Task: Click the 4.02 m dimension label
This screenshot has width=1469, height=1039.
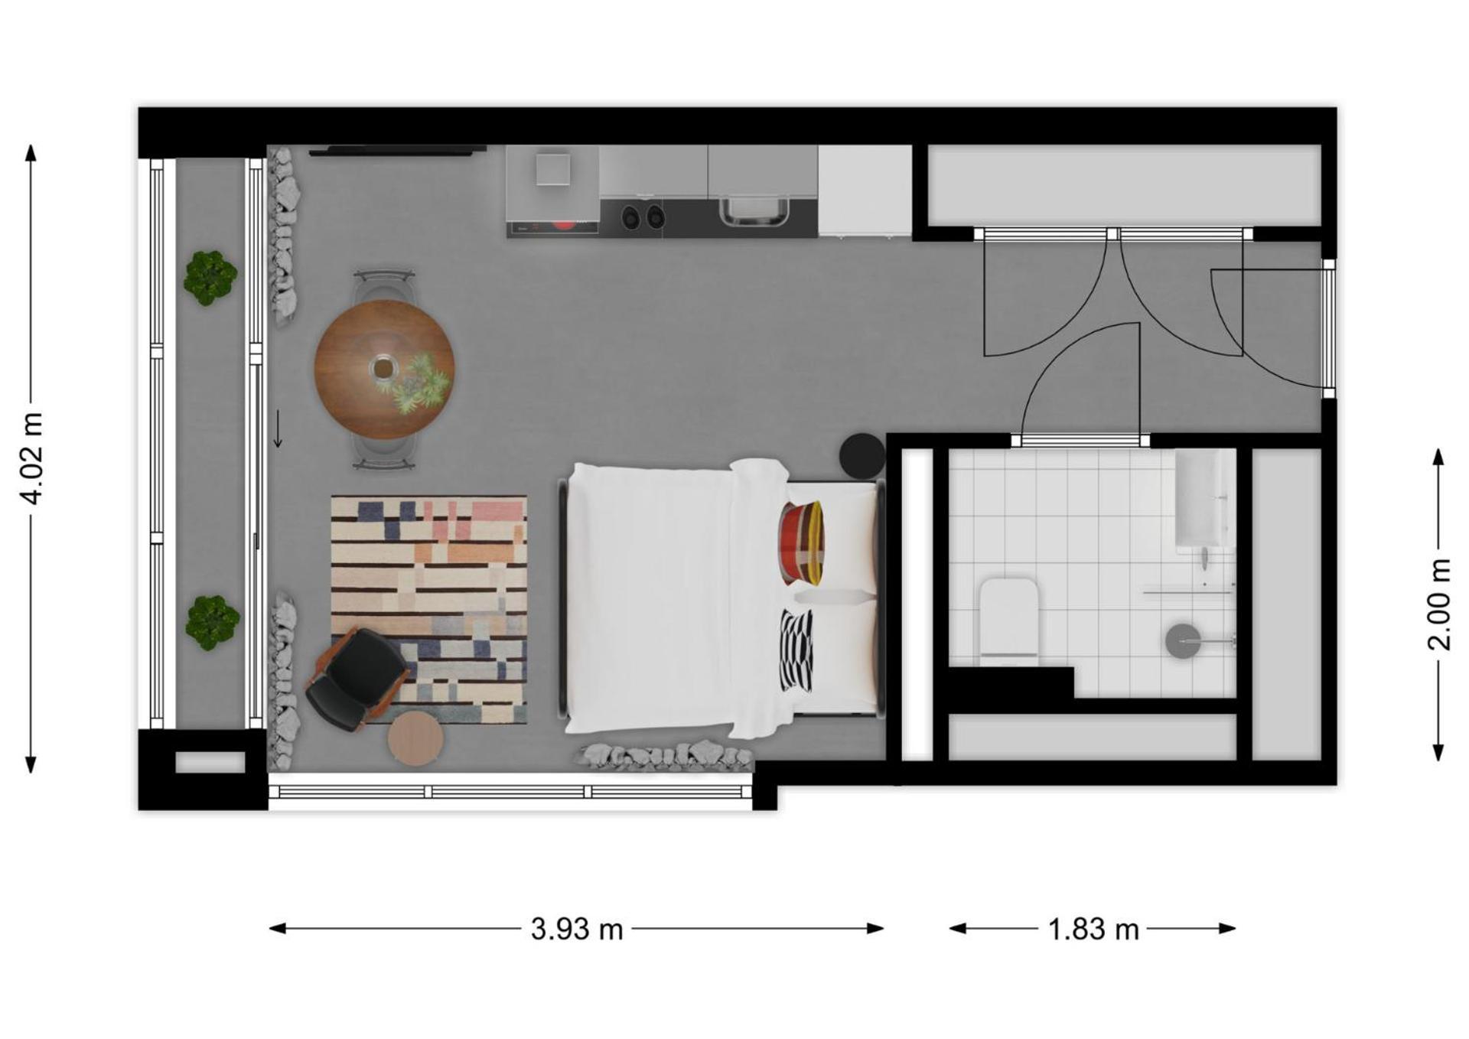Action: pyautogui.click(x=32, y=458)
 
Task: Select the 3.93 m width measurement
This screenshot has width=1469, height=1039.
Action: pyautogui.click(x=577, y=929)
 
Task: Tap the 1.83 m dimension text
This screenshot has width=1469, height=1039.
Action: pyautogui.click(x=1093, y=929)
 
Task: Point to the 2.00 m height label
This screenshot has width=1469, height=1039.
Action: pyautogui.click(x=1439, y=604)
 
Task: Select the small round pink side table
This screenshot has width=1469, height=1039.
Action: pyautogui.click(x=415, y=738)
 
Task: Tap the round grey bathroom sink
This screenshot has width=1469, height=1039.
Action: pyautogui.click(x=1183, y=640)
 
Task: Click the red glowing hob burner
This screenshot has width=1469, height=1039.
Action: pyautogui.click(x=564, y=225)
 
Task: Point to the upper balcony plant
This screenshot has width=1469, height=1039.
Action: pyautogui.click(x=210, y=278)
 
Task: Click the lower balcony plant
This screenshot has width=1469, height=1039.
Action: pyautogui.click(x=212, y=623)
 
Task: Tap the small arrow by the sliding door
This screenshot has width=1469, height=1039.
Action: pyautogui.click(x=278, y=428)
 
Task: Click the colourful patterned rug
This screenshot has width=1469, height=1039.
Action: pyautogui.click(x=429, y=609)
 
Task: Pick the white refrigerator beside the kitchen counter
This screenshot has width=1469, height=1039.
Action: pyautogui.click(x=865, y=191)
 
